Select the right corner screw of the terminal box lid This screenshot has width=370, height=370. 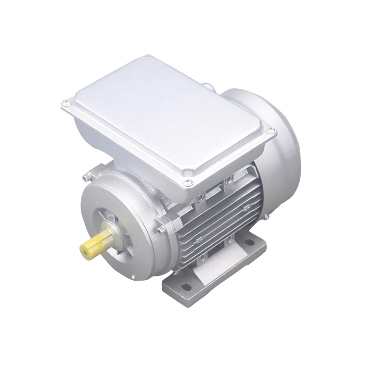[270, 129]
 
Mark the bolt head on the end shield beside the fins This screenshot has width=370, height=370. [161, 231]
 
